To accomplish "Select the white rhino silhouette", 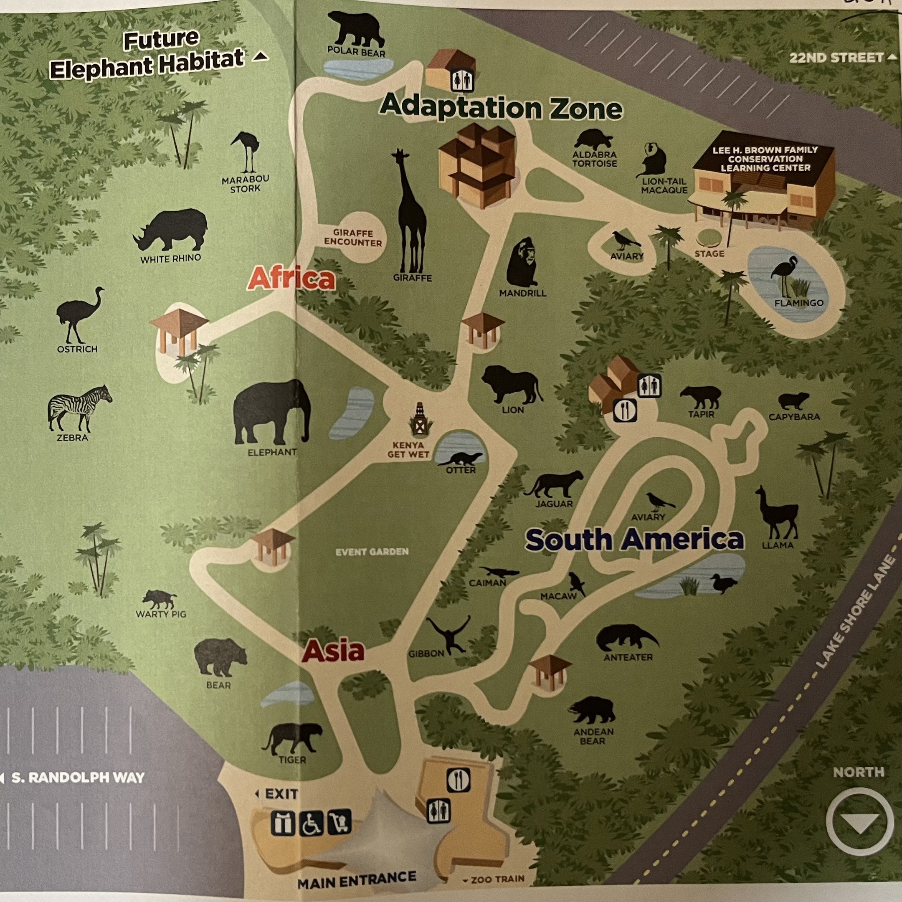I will pos(171,230).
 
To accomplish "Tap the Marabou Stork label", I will pos(245,184).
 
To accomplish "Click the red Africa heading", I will pos(291,279).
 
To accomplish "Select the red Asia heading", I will pos(333,650).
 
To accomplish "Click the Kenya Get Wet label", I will pos(408,450).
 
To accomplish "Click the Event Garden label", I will pos(372,552).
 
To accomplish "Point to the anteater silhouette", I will pos(626,637).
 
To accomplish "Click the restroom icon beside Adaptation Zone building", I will pos(462,81).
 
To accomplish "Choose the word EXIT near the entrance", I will pos(281,794).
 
